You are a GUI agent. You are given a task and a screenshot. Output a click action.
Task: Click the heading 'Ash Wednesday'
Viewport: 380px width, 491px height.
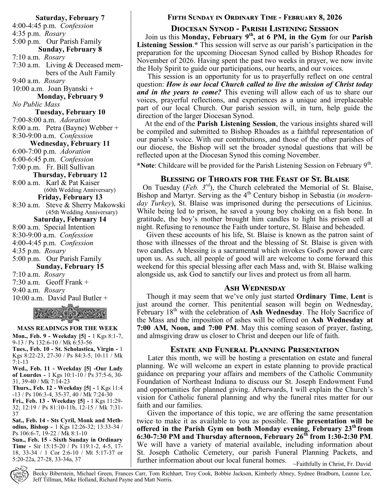[x=255, y=288]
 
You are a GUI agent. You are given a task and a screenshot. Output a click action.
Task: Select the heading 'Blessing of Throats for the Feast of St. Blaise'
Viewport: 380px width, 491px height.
[x=255, y=179]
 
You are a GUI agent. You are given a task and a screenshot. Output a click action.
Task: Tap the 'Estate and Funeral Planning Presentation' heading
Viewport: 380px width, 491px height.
[x=255, y=350]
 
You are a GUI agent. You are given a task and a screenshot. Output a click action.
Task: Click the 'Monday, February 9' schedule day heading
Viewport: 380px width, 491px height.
[x=70, y=96]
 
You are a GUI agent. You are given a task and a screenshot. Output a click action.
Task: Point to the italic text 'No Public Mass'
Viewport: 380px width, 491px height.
[x=36, y=104]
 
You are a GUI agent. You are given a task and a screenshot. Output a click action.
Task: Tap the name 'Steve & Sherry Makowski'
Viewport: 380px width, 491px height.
[x=85, y=205]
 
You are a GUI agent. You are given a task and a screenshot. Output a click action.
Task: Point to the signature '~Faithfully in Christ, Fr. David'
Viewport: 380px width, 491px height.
[x=331, y=464]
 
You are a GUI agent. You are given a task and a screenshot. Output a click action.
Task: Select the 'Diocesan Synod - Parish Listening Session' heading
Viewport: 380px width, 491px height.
[x=255, y=29]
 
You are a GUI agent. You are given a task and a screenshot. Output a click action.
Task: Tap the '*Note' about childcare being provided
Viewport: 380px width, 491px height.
[x=146, y=166]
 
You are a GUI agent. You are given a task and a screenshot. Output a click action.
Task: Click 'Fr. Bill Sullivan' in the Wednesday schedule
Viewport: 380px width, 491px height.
[x=70, y=167]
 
